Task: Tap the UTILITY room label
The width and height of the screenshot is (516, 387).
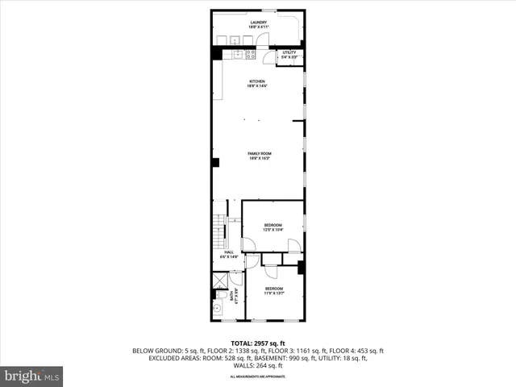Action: point(289,54)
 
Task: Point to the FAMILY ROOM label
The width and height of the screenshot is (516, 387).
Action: point(258,155)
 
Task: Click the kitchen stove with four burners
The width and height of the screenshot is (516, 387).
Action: point(250,54)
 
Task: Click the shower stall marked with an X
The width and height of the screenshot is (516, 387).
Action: point(219,281)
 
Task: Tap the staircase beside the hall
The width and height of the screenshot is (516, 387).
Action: point(218,234)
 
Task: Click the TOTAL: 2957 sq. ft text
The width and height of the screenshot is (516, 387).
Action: point(258,343)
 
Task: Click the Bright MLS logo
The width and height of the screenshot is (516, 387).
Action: point(32,376)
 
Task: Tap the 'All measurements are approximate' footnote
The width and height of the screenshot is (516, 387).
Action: point(258,377)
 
